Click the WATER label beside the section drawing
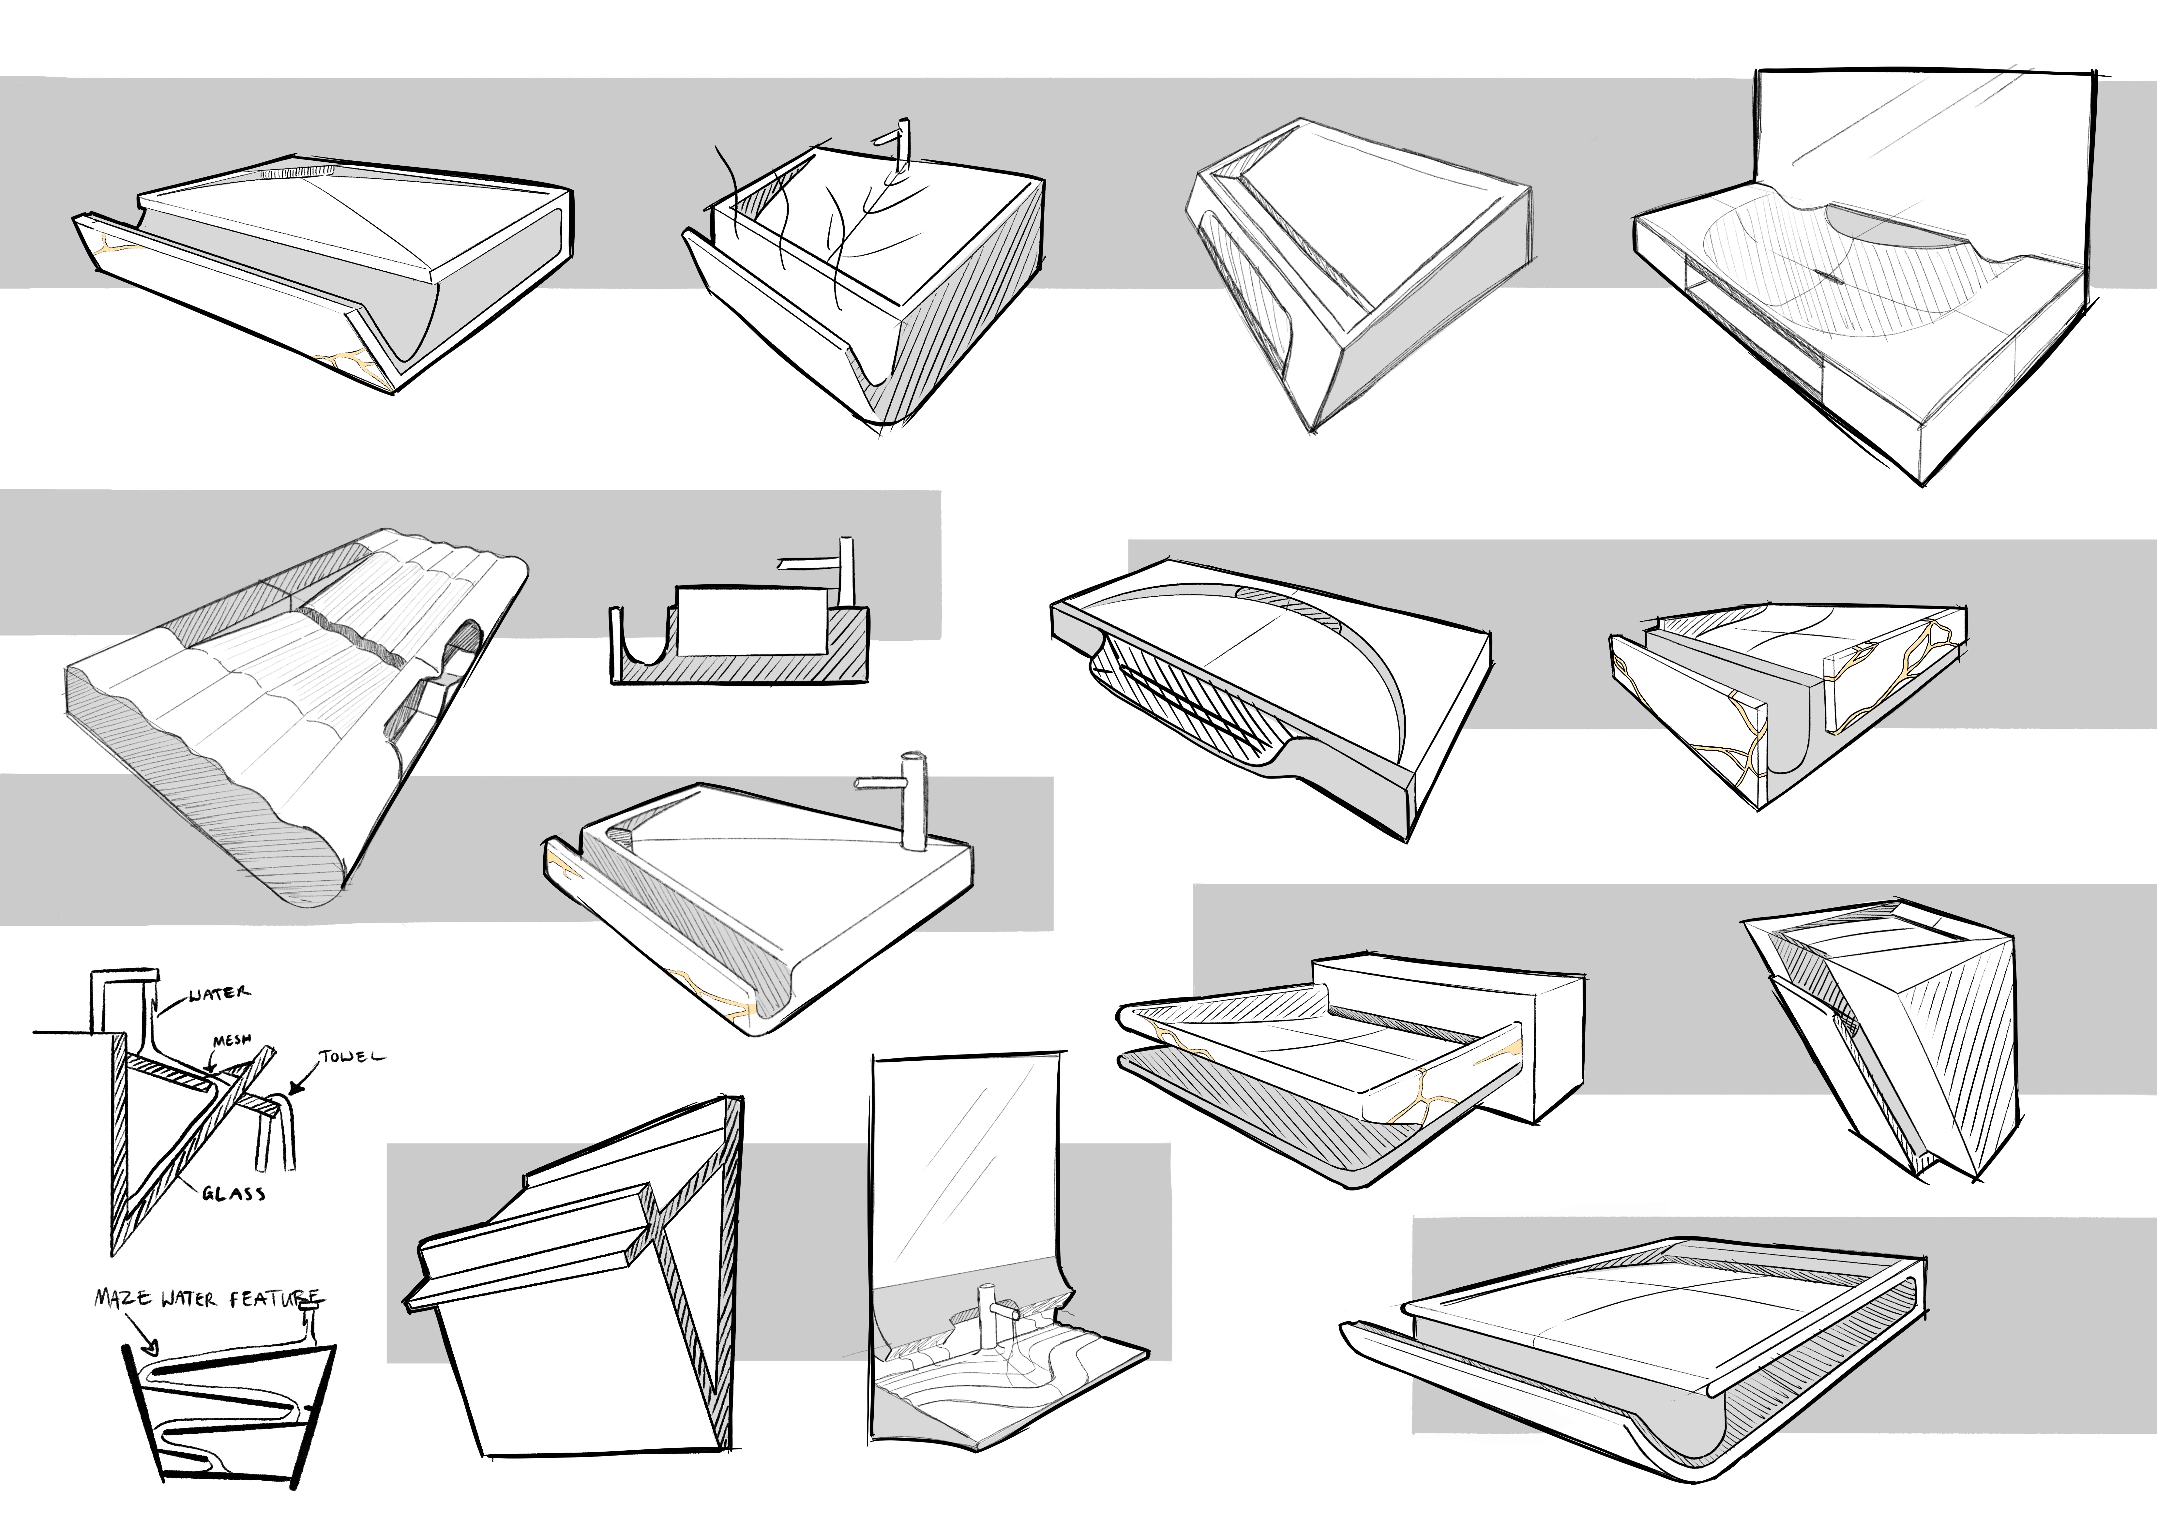tap(220, 994)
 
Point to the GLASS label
tap(233, 1193)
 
